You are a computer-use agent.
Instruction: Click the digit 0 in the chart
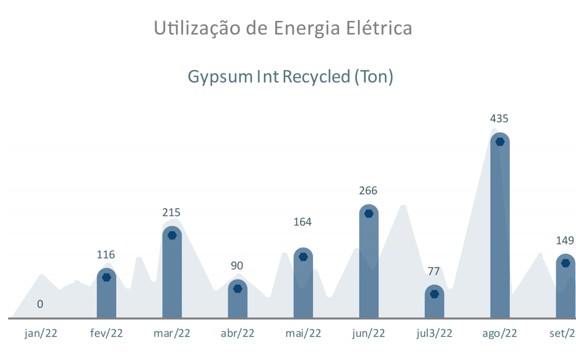pos(40,304)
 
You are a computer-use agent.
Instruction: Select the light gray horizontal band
pos(288,29)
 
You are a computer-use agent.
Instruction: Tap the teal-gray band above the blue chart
pos(288,77)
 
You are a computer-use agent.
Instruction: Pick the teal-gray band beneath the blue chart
pos(288,334)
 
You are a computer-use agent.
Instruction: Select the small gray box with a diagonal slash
pos(433,271)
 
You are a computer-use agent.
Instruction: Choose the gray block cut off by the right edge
pos(566,245)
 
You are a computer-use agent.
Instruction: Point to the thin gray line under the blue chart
pos(288,319)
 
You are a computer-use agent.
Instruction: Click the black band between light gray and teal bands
pos(288,53)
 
